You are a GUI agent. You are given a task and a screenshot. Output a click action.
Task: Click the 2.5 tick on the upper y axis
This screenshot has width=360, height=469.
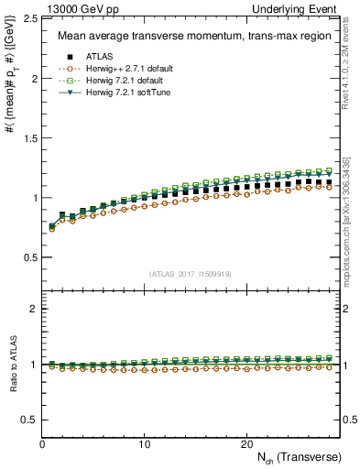coord(32,18)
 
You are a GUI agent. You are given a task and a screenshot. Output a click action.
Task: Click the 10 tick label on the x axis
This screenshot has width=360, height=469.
coord(145,444)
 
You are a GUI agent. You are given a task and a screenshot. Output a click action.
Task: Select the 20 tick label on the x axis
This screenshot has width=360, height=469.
coord(246,444)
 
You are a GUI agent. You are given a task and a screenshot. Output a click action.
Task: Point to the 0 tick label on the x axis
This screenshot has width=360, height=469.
coord(43,444)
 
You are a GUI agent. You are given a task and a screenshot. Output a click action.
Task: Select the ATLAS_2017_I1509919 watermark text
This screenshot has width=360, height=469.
coord(191,273)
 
